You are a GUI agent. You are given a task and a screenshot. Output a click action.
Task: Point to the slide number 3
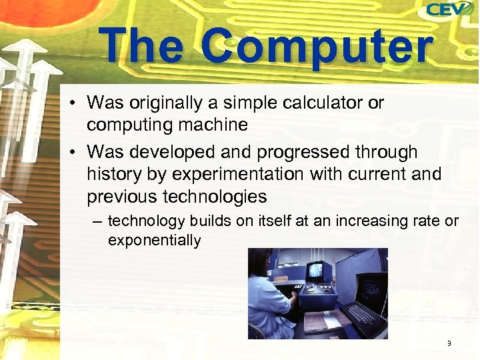(x=449, y=343)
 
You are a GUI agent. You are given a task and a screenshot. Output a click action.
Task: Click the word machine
(x=215, y=125)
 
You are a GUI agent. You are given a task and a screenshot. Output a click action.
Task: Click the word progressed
(x=297, y=153)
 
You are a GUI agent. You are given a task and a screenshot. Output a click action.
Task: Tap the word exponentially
(x=154, y=240)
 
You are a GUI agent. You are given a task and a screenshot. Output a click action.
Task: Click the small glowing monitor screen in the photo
(x=315, y=270)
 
